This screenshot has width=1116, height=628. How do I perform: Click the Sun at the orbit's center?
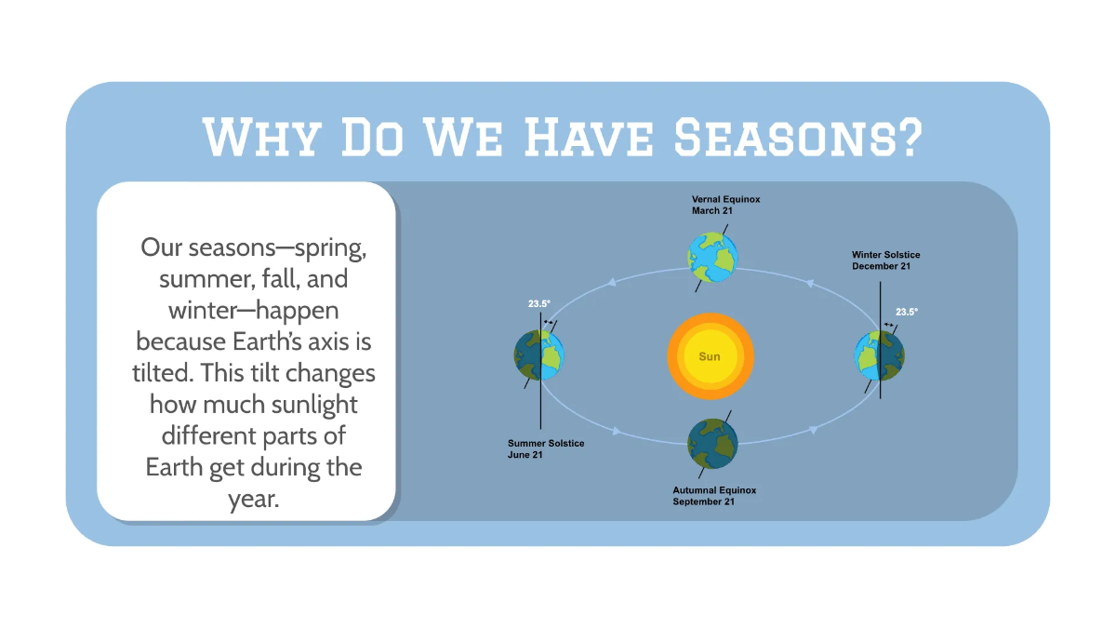pos(710,356)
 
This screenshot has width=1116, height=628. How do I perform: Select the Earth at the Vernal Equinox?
pos(712,256)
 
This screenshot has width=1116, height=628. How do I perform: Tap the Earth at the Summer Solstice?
pos(539,354)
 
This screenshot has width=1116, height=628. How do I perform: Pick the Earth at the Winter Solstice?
pos(880,355)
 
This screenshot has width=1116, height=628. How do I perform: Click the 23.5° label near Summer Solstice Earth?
pos(540,303)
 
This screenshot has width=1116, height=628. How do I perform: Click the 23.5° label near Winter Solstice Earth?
pos(907,313)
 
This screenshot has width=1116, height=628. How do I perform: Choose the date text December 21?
pos(881,266)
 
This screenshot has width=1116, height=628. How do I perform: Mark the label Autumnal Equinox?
pos(714,490)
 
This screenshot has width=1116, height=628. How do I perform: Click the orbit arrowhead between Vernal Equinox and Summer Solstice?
pos(611,282)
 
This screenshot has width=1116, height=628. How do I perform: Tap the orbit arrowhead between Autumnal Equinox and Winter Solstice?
pos(814,430)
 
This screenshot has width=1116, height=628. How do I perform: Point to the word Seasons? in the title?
pos(798,138)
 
